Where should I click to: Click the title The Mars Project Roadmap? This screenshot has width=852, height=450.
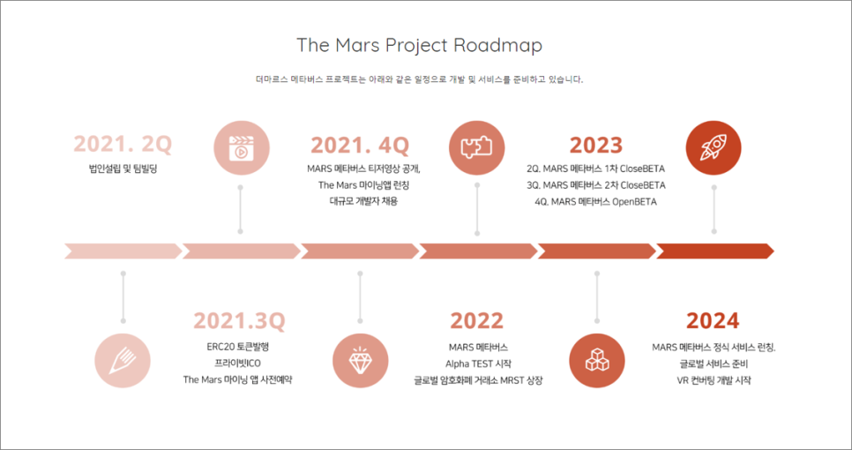click(x=419, y=46)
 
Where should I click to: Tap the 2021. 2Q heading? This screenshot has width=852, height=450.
click(x=123, y=145)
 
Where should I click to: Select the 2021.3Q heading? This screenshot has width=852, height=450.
click(x=239, y=320)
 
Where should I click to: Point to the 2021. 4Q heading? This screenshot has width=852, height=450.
click(x=360, y=145)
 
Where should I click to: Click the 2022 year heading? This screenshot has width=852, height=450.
click(x=476, y=320)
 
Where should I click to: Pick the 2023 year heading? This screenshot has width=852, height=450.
click(x=596, y=145)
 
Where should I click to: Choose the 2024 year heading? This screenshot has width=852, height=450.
click(x=713, y=320)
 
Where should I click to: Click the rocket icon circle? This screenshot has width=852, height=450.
click(x=714, y=148)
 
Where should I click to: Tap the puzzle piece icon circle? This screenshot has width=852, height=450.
click(x=476, y=148)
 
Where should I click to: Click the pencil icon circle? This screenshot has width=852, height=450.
click(x=123, y=360)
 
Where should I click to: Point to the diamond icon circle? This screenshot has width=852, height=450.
click(x=361, y=360)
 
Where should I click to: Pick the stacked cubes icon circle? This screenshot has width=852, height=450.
click(x=596, y=360)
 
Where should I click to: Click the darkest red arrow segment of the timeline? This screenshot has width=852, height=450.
click(x=715, y=251)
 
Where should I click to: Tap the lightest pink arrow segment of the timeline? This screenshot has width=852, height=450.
click(x=123, y=251)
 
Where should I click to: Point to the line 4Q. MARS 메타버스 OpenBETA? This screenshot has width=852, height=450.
click(x=595, y=202)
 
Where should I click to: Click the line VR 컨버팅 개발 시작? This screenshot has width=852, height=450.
click(x=714, y=380)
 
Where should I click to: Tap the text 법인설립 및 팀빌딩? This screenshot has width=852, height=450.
click(x=123, y=169)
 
